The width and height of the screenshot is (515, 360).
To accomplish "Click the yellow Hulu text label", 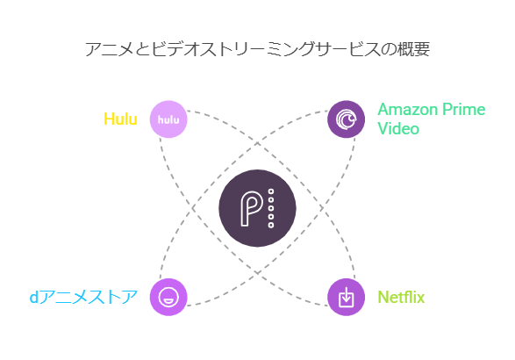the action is click(120, 119).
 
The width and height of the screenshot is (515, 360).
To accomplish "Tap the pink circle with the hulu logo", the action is click(168, 119).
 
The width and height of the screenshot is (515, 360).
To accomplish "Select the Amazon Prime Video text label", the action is click(432, 119).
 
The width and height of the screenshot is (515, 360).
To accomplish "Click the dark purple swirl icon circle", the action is click(347, 119).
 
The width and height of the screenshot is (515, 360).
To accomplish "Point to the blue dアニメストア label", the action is click(83, 297).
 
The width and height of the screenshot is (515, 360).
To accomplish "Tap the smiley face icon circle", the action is click(168, 297).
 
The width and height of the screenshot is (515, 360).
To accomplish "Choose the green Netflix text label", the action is click(401, 297).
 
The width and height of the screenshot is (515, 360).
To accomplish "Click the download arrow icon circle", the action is click(347, 297).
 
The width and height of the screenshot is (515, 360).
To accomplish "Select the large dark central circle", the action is click(257, 208).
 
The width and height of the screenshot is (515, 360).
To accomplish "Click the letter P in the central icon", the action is click(251, 208).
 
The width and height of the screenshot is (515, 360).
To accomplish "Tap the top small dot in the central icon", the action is click(271, 191).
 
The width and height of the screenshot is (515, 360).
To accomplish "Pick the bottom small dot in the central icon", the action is click(271, 225).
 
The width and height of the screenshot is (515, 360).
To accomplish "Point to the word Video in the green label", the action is click(398, 128).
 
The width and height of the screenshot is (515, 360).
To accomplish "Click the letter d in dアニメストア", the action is click(34, 297).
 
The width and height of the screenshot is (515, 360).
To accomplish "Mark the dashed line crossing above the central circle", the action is click(257, 144).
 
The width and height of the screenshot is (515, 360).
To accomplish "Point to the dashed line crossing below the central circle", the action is click(257, 272).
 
